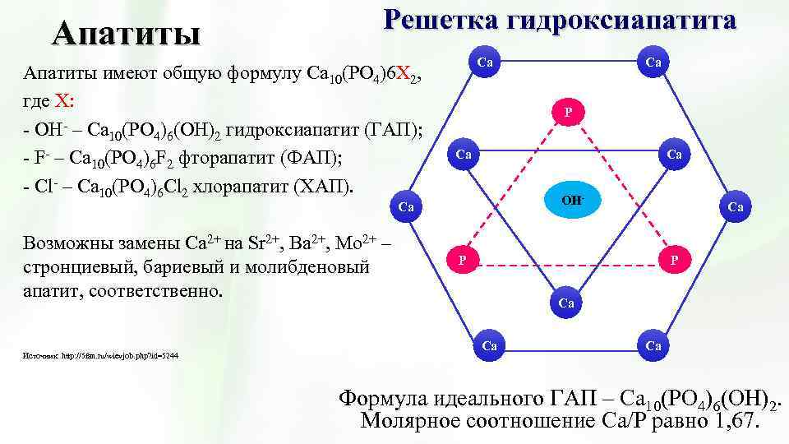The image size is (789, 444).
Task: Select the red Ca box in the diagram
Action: tap(566, 303)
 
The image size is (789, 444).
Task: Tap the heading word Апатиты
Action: tap(126, 34)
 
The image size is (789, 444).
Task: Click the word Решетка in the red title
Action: tap(440, 19)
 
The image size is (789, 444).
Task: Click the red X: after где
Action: tap(64, 103)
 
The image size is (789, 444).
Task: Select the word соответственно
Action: tap(156, 292)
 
